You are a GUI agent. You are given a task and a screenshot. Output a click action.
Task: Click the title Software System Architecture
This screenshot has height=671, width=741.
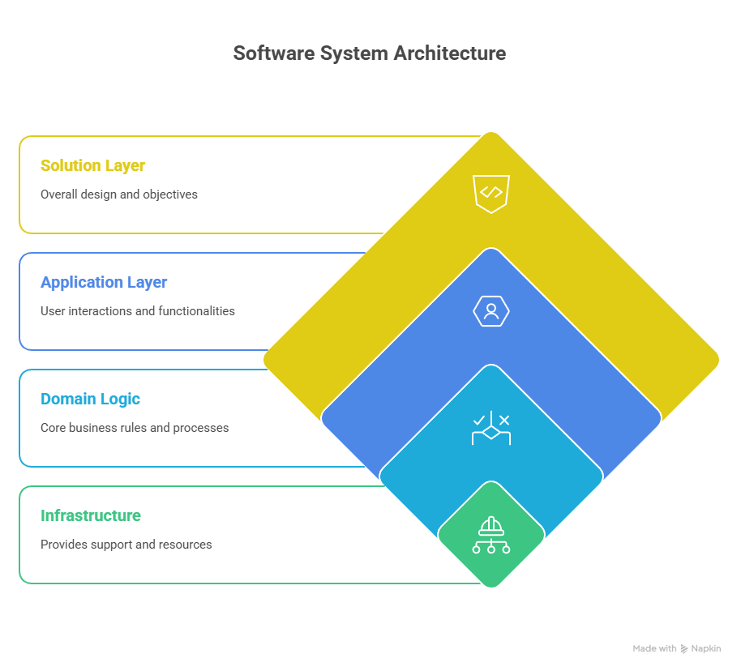[370, 53]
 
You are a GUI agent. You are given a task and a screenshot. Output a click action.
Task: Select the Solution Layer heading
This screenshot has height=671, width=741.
[92, 166]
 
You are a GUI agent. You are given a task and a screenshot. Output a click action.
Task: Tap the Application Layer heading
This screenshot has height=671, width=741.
[104, 283]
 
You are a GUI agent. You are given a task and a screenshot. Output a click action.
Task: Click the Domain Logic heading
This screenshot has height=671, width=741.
[90, 400]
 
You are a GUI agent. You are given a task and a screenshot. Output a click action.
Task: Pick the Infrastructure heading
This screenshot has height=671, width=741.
[91, 516]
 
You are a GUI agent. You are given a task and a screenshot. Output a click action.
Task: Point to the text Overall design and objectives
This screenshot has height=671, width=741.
[118, 194]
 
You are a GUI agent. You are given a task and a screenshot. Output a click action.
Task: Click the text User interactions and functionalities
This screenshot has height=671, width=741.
[138, 311]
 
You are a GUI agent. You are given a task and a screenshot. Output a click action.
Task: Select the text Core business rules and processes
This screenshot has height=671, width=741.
[135, 428]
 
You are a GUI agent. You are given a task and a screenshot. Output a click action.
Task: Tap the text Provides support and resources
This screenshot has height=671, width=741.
[126, 545]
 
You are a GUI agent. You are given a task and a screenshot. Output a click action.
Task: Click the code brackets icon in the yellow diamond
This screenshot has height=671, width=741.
[491, 193]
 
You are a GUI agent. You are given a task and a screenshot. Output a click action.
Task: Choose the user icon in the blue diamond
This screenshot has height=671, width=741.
[491, 310]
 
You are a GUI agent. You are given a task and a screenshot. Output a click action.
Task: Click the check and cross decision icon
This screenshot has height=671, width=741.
[491, 429]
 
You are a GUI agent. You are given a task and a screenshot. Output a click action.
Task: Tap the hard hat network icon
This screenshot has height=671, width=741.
[491, 536]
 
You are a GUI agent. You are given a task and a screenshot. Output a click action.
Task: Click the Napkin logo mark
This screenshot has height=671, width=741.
[684, 648]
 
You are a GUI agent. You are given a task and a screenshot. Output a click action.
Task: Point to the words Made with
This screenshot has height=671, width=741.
[654, 648]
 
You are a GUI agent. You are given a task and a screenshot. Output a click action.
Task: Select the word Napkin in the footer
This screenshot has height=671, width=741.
[705, 648]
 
